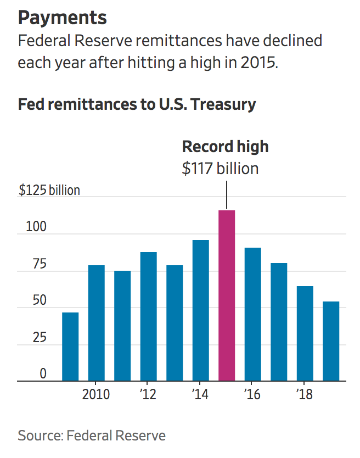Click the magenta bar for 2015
pyautogui.click(x=227, y=295)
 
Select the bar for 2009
pyautogui.click(x=70, y=347)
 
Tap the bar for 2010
pyautogui.click(x=97, y=323)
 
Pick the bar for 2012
pyautogui.click(x=149, y=316)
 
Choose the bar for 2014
pyautogui.click(x=200, y=310)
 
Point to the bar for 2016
pyautogui.click(x=252, y=314)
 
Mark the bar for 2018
pyautogui.click(x=305, y=333)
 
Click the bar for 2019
pyautogui.click(x=331, y=341)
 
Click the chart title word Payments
pyautogui.click(x=63, y=18)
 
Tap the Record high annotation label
pyautogui.click(x=225, y=147)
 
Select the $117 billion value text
pyautogui.click(x=220, y=168)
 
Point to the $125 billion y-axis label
pyautogui.click(x=49, y=191)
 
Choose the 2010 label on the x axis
pyautogui.click(x=96, y=394)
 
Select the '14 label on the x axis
pyautogui.click(x=200, y=394)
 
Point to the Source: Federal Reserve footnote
pyautogui.click(x=92, y=436)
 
